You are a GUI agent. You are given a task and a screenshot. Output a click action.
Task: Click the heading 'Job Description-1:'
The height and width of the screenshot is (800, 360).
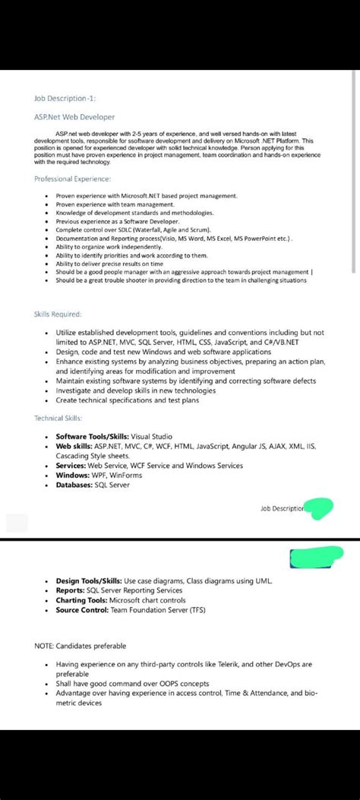(x=65, y=98)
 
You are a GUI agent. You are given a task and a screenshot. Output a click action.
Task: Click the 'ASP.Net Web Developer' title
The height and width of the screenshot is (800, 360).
(x=74, y=117)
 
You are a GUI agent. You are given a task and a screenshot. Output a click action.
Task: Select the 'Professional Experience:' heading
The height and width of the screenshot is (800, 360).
(x=72, y=179)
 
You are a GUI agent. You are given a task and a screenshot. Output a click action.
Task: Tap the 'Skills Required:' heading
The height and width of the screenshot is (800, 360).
(x=58, y=314)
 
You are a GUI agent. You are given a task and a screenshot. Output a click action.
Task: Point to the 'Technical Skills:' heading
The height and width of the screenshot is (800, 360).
(x=58, y=418)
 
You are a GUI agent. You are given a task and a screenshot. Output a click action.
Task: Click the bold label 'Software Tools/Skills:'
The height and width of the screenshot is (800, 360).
(x=92, y=437)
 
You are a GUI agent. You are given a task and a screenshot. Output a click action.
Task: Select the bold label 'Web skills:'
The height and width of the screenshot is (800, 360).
(x=74, y=447)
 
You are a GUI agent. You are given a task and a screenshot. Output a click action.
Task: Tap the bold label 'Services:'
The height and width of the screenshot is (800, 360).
(x=71, y=466)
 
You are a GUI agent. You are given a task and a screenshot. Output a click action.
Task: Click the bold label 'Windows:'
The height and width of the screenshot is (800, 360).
(x=73, y=475)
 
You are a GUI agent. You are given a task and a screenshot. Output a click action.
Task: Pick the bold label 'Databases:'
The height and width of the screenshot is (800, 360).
(x=74, y=484)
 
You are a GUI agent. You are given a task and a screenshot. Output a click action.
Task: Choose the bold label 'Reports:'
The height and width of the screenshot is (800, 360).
(x=70, y=590)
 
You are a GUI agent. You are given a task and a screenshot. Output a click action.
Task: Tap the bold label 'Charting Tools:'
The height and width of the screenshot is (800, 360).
(x=81, y=599)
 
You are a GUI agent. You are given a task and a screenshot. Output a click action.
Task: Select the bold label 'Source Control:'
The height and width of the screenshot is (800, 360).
(x=81, y=609)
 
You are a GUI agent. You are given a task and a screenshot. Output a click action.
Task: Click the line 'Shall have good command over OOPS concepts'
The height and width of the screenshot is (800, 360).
(x=132, y=684)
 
